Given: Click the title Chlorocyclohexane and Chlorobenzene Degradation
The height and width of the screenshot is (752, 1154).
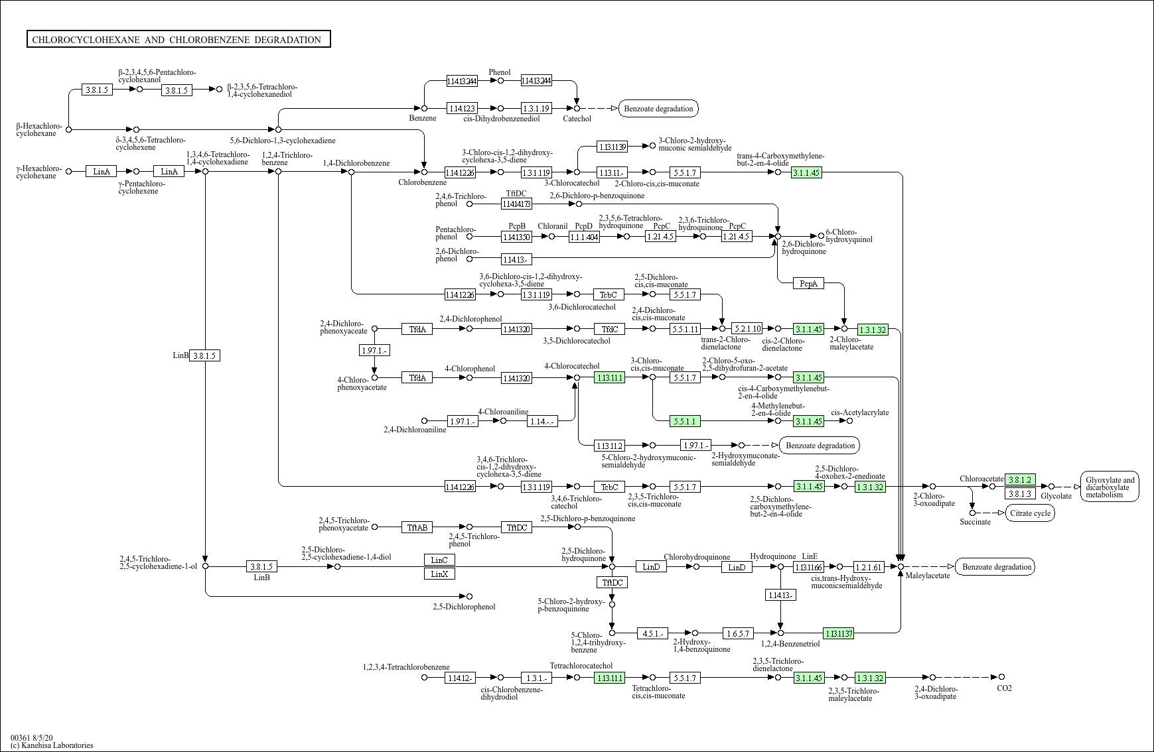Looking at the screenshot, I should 179,40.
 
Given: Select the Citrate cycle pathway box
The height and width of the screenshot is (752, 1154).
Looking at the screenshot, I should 1029,513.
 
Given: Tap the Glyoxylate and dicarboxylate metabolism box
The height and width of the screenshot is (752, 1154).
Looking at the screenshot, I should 1110,487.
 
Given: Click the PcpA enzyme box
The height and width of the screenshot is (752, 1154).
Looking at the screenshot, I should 808,284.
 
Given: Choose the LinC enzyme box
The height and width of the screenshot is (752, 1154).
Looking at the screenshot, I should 439,560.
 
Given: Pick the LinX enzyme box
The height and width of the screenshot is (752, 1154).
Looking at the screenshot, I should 439,574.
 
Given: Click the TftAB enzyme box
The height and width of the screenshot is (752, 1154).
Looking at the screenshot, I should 417,527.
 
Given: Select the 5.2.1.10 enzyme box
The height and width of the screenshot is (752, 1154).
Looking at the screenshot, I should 747,328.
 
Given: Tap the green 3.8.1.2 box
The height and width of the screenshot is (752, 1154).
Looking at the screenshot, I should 1020,479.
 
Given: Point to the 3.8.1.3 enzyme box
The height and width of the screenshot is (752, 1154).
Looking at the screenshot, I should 1020,493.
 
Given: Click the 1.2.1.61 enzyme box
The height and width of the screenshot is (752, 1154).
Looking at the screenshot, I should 869,567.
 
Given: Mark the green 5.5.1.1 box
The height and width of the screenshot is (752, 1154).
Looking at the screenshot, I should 685,421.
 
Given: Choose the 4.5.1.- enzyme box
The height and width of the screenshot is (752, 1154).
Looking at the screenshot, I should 652,633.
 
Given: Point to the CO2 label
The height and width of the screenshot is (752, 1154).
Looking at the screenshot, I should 1004,688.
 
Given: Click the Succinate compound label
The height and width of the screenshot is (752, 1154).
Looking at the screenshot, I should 975,522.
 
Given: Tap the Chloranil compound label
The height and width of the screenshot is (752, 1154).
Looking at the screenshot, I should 553,226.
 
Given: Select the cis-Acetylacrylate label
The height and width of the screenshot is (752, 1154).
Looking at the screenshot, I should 860,412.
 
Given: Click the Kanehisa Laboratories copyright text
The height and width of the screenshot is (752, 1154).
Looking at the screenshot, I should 52,745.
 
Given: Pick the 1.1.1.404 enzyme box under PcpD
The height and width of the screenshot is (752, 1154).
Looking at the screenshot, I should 584,237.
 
